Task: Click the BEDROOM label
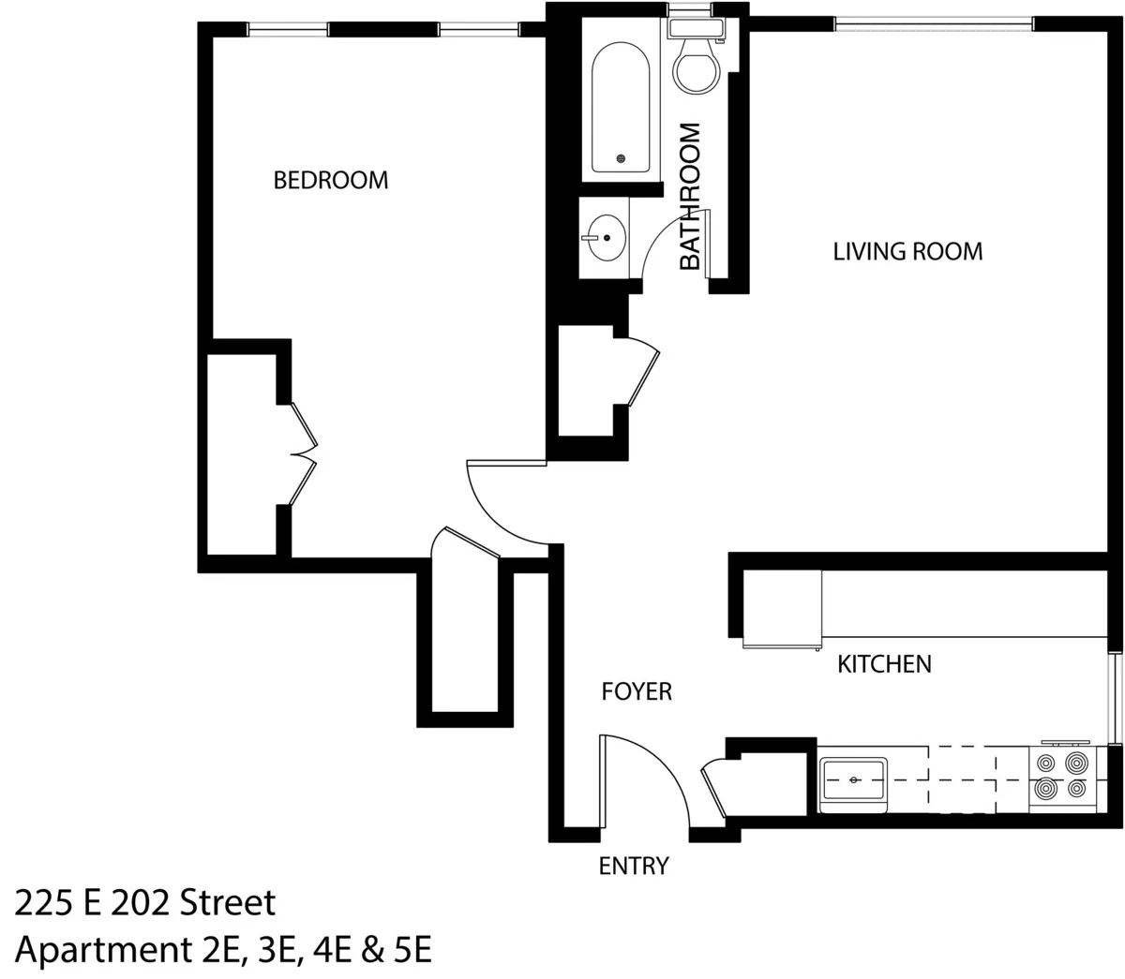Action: pos(330,180)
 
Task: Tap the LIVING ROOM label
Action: pos(907,251)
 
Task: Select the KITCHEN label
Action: pos(884,664)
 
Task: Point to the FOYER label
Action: pos(637,691)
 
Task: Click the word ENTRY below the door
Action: pos(634,866)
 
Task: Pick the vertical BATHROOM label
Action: pos(690,197)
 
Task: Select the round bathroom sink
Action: pos(606,238)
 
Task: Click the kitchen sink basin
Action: pos(853,779)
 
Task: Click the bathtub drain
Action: pos(621,159)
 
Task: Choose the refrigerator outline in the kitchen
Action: pos(782,609)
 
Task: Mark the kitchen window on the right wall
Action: pos(1115,698)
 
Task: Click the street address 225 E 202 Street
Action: pos(145,903)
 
